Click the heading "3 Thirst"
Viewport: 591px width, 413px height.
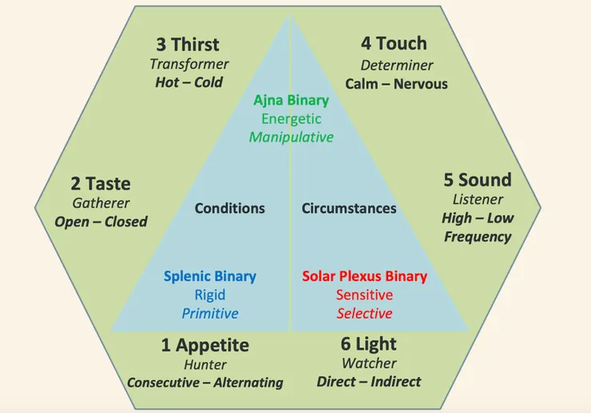pos(188,45)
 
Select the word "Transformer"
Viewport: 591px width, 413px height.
pos(189,64)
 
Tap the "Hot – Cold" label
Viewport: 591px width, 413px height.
pos(189,82)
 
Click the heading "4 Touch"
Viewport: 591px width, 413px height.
pos(395,43)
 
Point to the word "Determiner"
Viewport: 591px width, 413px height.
pos(397,66)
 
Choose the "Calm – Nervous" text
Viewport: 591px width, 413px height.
pos(396,84)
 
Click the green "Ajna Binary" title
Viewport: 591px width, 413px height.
pos(292,101)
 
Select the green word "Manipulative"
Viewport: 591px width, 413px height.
pos(292,137)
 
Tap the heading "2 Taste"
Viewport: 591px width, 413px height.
pos(101,184)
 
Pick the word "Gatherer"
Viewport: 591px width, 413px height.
pos(101,203)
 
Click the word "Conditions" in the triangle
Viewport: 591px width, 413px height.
pos(230,208)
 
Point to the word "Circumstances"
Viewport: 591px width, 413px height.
pos(349,208)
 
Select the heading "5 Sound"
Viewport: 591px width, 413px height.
pos(478,180)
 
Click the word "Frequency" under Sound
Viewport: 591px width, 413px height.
pos(478,237)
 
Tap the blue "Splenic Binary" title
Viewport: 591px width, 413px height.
pos(210,276)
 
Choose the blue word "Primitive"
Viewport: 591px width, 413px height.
pos(210,313)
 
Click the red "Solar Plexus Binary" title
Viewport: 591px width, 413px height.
pos(364,276)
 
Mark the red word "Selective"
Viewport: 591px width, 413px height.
pos(364,313)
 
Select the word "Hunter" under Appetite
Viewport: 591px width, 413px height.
pos(205,365)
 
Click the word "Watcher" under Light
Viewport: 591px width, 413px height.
pos(369,363)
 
